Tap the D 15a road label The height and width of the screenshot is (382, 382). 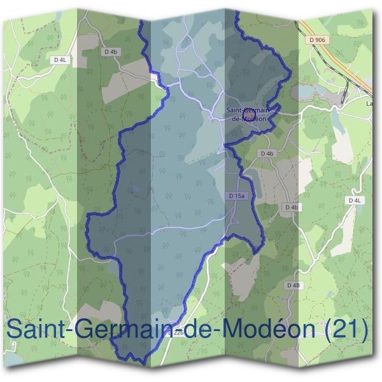coord(237,197)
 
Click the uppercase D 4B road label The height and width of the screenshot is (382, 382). coord(293,285)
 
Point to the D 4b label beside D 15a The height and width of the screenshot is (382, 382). coord(291,208)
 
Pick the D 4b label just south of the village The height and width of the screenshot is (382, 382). coord(266,154)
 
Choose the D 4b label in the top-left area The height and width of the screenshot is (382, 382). coord(110,51)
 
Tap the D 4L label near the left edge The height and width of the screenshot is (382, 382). coord(60,60)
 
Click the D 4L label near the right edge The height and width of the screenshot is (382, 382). coord(355,200)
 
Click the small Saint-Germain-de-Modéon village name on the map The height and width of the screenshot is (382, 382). coord(248,114)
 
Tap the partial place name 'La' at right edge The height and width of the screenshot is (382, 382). coord(370,103)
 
